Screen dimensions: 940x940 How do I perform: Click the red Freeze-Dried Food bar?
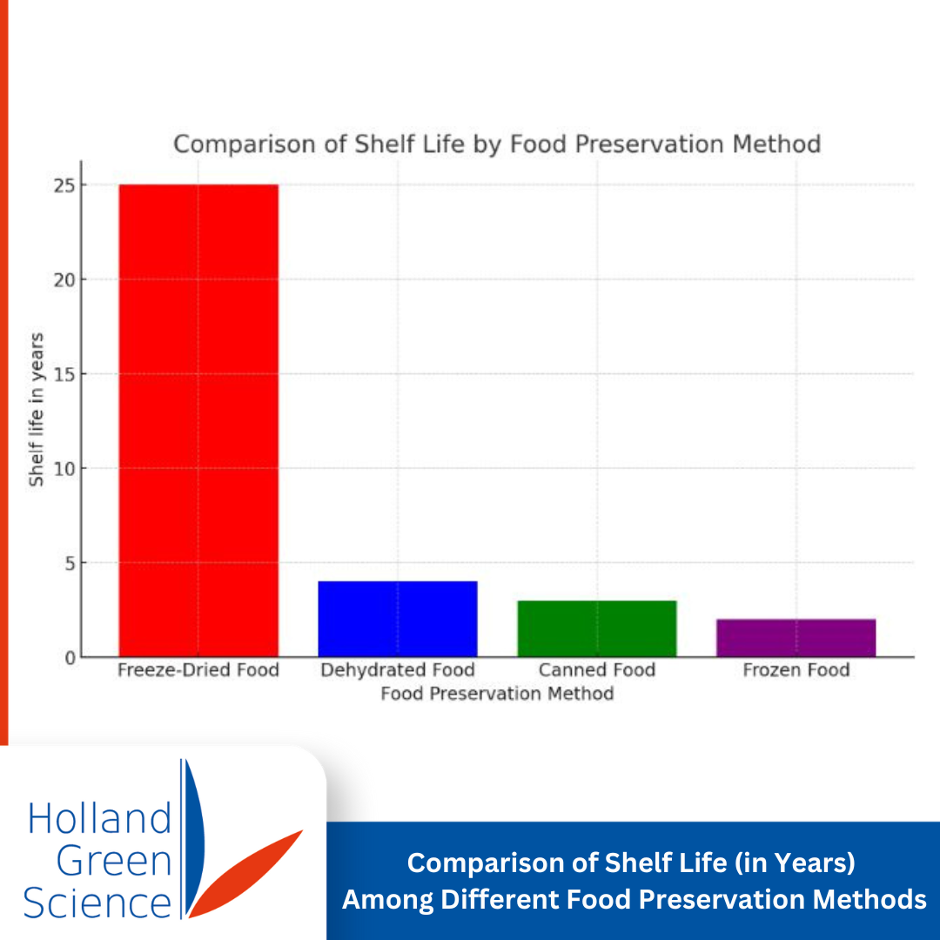pos(198,421)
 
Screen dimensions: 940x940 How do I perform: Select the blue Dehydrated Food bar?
pos(398,620)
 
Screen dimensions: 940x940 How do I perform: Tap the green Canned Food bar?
pos(597,629)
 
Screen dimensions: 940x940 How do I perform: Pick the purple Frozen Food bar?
pos(796,639)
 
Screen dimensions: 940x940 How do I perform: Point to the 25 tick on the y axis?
pos(64,186)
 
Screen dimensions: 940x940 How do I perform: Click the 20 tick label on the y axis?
pos(64,280)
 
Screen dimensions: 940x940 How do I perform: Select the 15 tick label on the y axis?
pos(64,374)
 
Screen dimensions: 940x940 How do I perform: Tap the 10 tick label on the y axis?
pos(64,469)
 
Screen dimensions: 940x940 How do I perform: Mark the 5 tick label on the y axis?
pos(70,563)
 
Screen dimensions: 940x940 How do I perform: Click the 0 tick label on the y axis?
pos(70,658)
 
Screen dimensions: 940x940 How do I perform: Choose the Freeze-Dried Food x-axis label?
pos(198,669)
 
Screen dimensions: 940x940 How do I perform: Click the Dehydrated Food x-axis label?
pos(398,669)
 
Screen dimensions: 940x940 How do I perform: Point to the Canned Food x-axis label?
pos(597,669)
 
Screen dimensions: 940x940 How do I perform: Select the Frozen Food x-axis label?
pos(796,669)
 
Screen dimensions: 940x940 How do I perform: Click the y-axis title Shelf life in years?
pos(36,409)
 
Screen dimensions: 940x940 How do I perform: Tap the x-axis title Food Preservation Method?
pos(497,694)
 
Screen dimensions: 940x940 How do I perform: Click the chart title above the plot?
pos(497,144)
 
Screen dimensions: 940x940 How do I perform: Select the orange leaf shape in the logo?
pos(245,874)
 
